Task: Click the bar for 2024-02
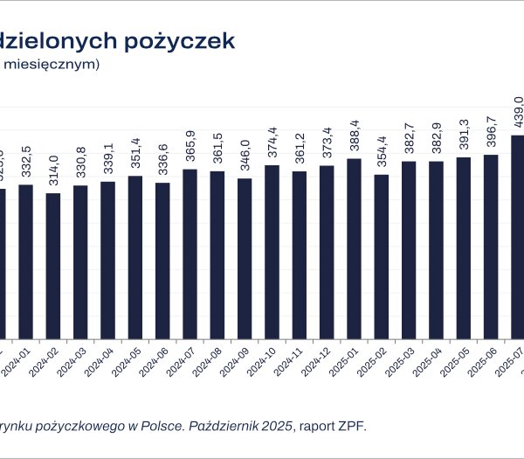[x=53, y=266]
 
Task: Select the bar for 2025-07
[x=518, y=236]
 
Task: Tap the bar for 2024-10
[x=272, y=252]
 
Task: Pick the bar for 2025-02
[x=381, y=256]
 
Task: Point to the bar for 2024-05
[x=135, y=257]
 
